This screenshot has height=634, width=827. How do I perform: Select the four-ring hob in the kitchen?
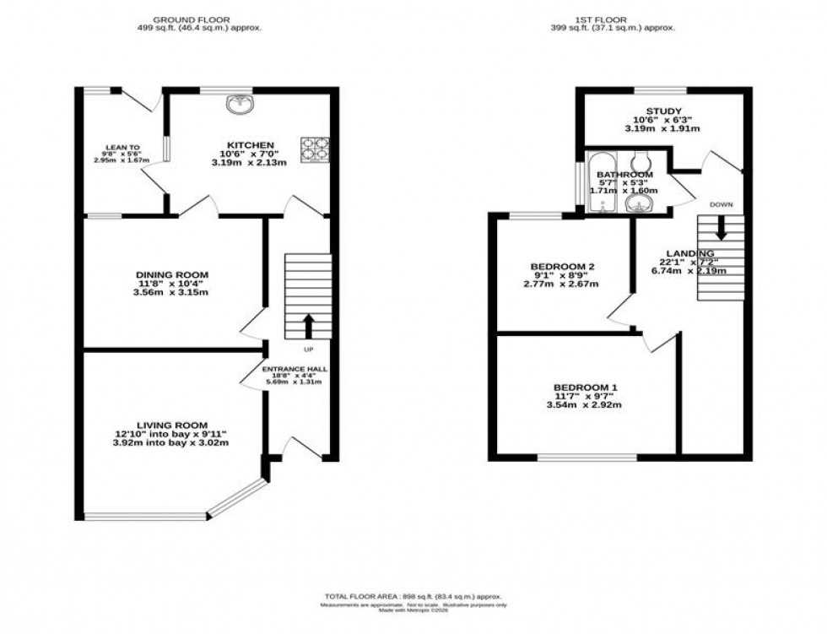coord(314,149)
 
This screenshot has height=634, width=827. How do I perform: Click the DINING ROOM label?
coord(172,274)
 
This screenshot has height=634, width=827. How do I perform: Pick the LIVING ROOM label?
coord(172,425)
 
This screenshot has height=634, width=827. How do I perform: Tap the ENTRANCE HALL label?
coord(294,370)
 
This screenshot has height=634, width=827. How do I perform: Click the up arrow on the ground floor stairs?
coord(307,325)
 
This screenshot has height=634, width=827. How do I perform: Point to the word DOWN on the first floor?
coord(721,205)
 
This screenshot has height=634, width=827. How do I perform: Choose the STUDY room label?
coord(662,111)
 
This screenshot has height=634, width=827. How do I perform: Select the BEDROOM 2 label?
coord(563,267)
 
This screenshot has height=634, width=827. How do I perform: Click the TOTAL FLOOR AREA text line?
coord(413,595)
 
